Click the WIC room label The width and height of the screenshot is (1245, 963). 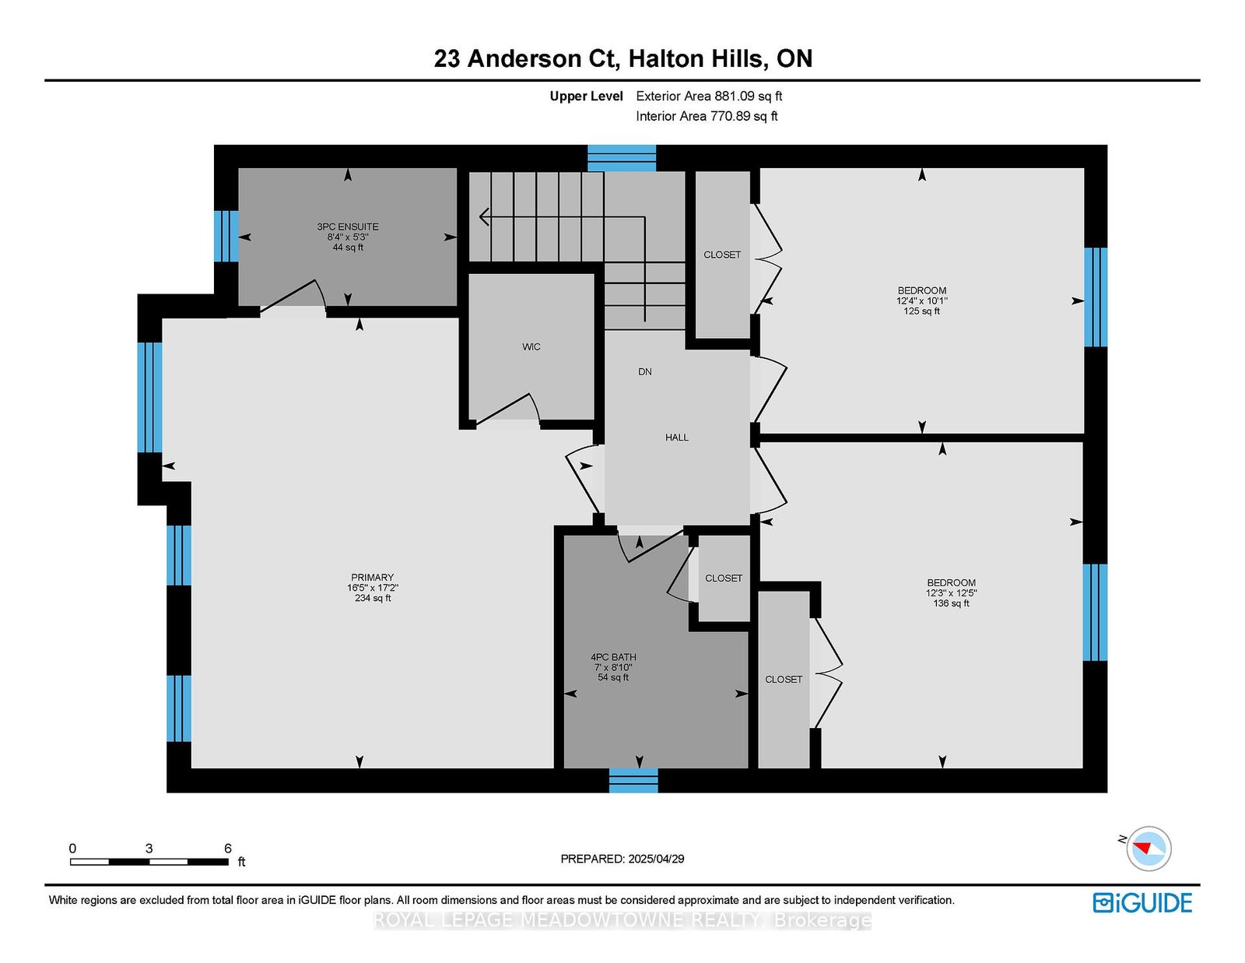(x=531, y=346)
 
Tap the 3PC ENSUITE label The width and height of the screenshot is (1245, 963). (x=348, y=227)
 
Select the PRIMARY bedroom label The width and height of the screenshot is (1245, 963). (x=373, y=577)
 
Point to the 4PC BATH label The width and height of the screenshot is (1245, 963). (x=613, y=657)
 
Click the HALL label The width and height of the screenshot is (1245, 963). (x=677, y=438)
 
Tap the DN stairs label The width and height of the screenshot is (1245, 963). (x=645, y=371)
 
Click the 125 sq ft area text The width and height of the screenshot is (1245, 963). (x=922, y=311)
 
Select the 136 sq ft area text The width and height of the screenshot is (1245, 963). (x=951, y=603)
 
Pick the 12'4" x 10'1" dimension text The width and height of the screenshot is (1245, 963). (x=922, y=300)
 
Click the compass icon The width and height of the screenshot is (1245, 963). (x=1149, y=849)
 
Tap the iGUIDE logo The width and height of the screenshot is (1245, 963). (x=1142, y=903)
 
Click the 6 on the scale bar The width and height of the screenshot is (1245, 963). (x=227, y=848)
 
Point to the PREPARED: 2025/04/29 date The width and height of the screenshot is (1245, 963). (x=622, y=859)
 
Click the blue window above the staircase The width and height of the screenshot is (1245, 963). (x=622, y=158)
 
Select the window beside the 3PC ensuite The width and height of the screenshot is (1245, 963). (x=226, y=236)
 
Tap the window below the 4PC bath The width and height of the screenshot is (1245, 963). (x=633, y=780)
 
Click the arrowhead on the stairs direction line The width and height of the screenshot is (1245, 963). (x=483, y=216)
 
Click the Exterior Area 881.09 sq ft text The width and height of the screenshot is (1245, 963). (x=709, y=96)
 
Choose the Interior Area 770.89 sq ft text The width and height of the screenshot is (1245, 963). (x=707, y=116)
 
